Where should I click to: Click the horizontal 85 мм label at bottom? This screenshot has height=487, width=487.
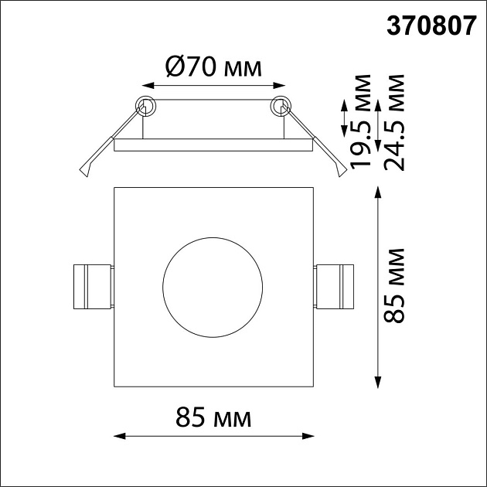213,418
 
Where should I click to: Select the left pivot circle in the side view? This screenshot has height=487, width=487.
145,105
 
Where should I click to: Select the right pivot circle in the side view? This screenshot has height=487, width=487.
281,105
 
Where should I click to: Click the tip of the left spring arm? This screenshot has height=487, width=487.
86,174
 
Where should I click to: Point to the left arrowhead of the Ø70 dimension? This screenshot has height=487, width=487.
143,85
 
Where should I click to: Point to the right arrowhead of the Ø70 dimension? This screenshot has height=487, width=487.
283,85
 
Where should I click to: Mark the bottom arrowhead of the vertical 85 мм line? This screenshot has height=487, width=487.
378,382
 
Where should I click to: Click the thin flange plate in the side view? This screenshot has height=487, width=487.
213,145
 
